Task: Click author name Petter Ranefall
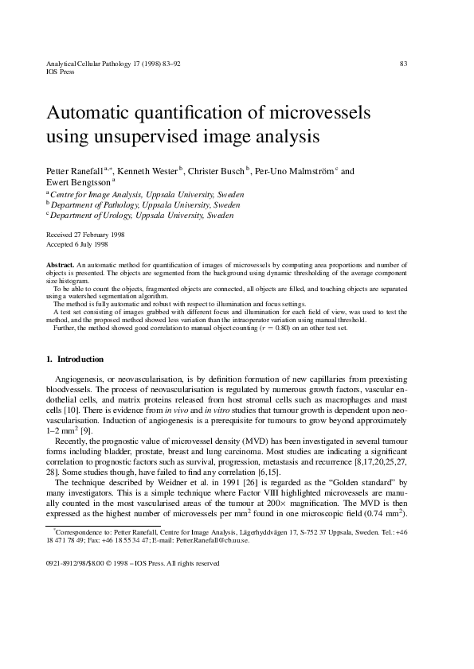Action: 75,170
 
